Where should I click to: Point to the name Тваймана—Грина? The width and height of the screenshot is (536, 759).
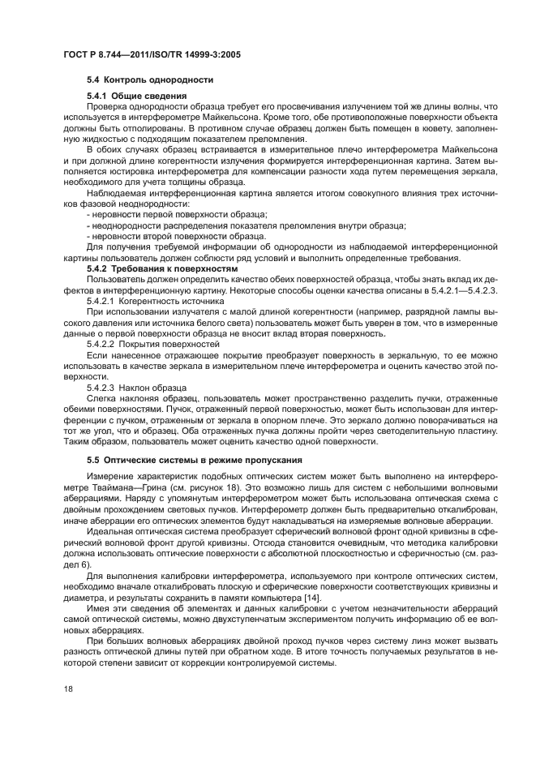point(120,486)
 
